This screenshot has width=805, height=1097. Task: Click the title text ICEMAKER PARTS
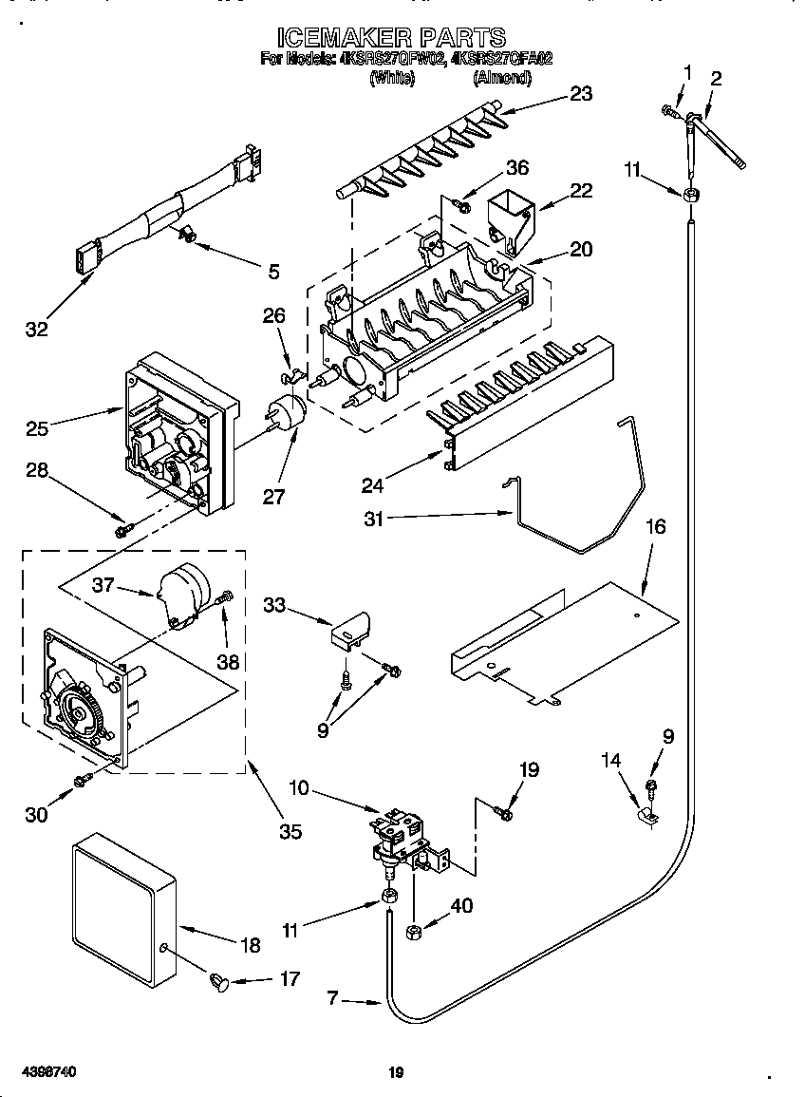(391, 37)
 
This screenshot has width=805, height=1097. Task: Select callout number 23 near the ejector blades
(580, 93)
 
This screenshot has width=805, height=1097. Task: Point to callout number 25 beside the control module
(37, 428)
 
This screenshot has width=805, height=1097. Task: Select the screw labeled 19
(503, 811)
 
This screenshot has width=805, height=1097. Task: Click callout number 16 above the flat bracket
(656, 526)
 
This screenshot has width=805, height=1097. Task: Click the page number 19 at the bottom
(397, 1073)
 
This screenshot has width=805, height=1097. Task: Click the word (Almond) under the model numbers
(501, 79)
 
